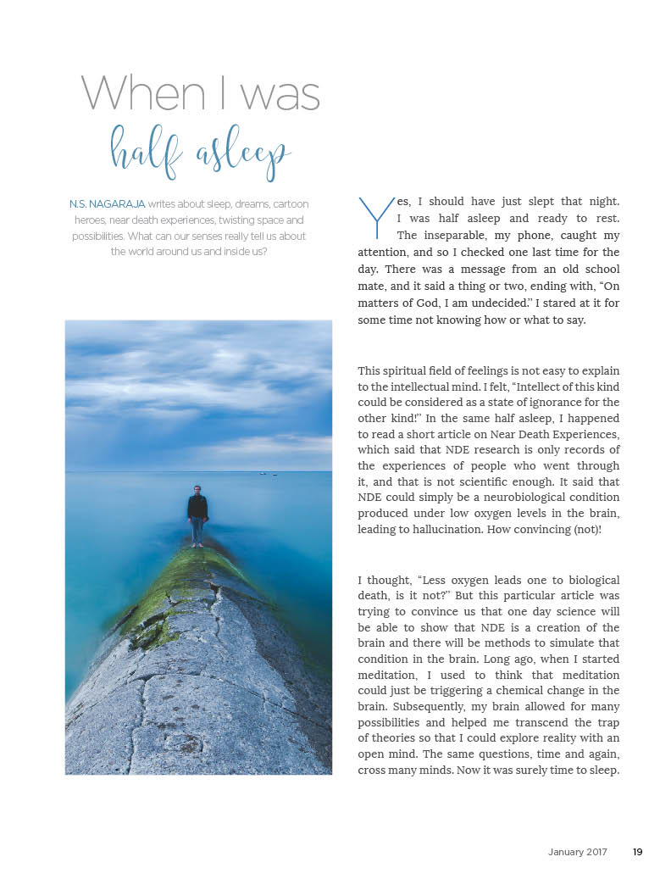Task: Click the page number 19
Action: pos(637,852)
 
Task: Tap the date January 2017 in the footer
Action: pos(578,852)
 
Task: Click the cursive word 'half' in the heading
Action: pos(147,151)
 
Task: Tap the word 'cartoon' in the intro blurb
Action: pos(288,204)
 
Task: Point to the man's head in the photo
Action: pos(197,490)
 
